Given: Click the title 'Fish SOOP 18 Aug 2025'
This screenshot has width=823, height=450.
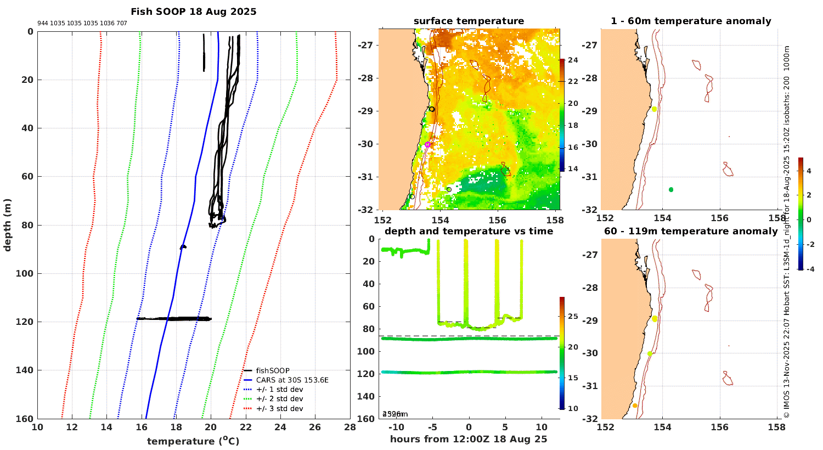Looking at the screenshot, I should (x=193, y=12).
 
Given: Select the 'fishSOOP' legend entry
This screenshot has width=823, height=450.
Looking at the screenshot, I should (x=273, y=370).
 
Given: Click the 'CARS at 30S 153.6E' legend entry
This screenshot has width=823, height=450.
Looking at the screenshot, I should (x=292, y=380).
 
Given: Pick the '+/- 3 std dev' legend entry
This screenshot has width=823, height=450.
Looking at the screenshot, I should (x=279, y=408).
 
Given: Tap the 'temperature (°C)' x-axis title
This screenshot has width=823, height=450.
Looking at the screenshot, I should (x=193, y=441).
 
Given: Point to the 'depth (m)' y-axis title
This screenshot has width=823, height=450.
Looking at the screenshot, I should (x=8, y=225).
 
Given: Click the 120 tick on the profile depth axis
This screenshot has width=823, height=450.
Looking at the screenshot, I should (x=26, y=322).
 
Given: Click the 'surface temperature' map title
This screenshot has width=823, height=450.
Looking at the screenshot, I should (x=469, y=21).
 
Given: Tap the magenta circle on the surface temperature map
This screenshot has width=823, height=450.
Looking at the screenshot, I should (x=428, y=144).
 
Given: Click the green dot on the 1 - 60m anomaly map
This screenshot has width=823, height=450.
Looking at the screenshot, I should (x=670, y=189).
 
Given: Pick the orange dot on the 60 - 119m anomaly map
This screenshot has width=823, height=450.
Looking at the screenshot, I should (x=635, y=406).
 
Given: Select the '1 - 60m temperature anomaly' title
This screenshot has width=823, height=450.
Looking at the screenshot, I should (x=691, y=21).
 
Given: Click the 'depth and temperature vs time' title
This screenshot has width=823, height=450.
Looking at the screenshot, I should (x=469, y=231).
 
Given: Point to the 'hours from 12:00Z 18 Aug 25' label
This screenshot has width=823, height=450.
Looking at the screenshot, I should (x=469, y=439).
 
